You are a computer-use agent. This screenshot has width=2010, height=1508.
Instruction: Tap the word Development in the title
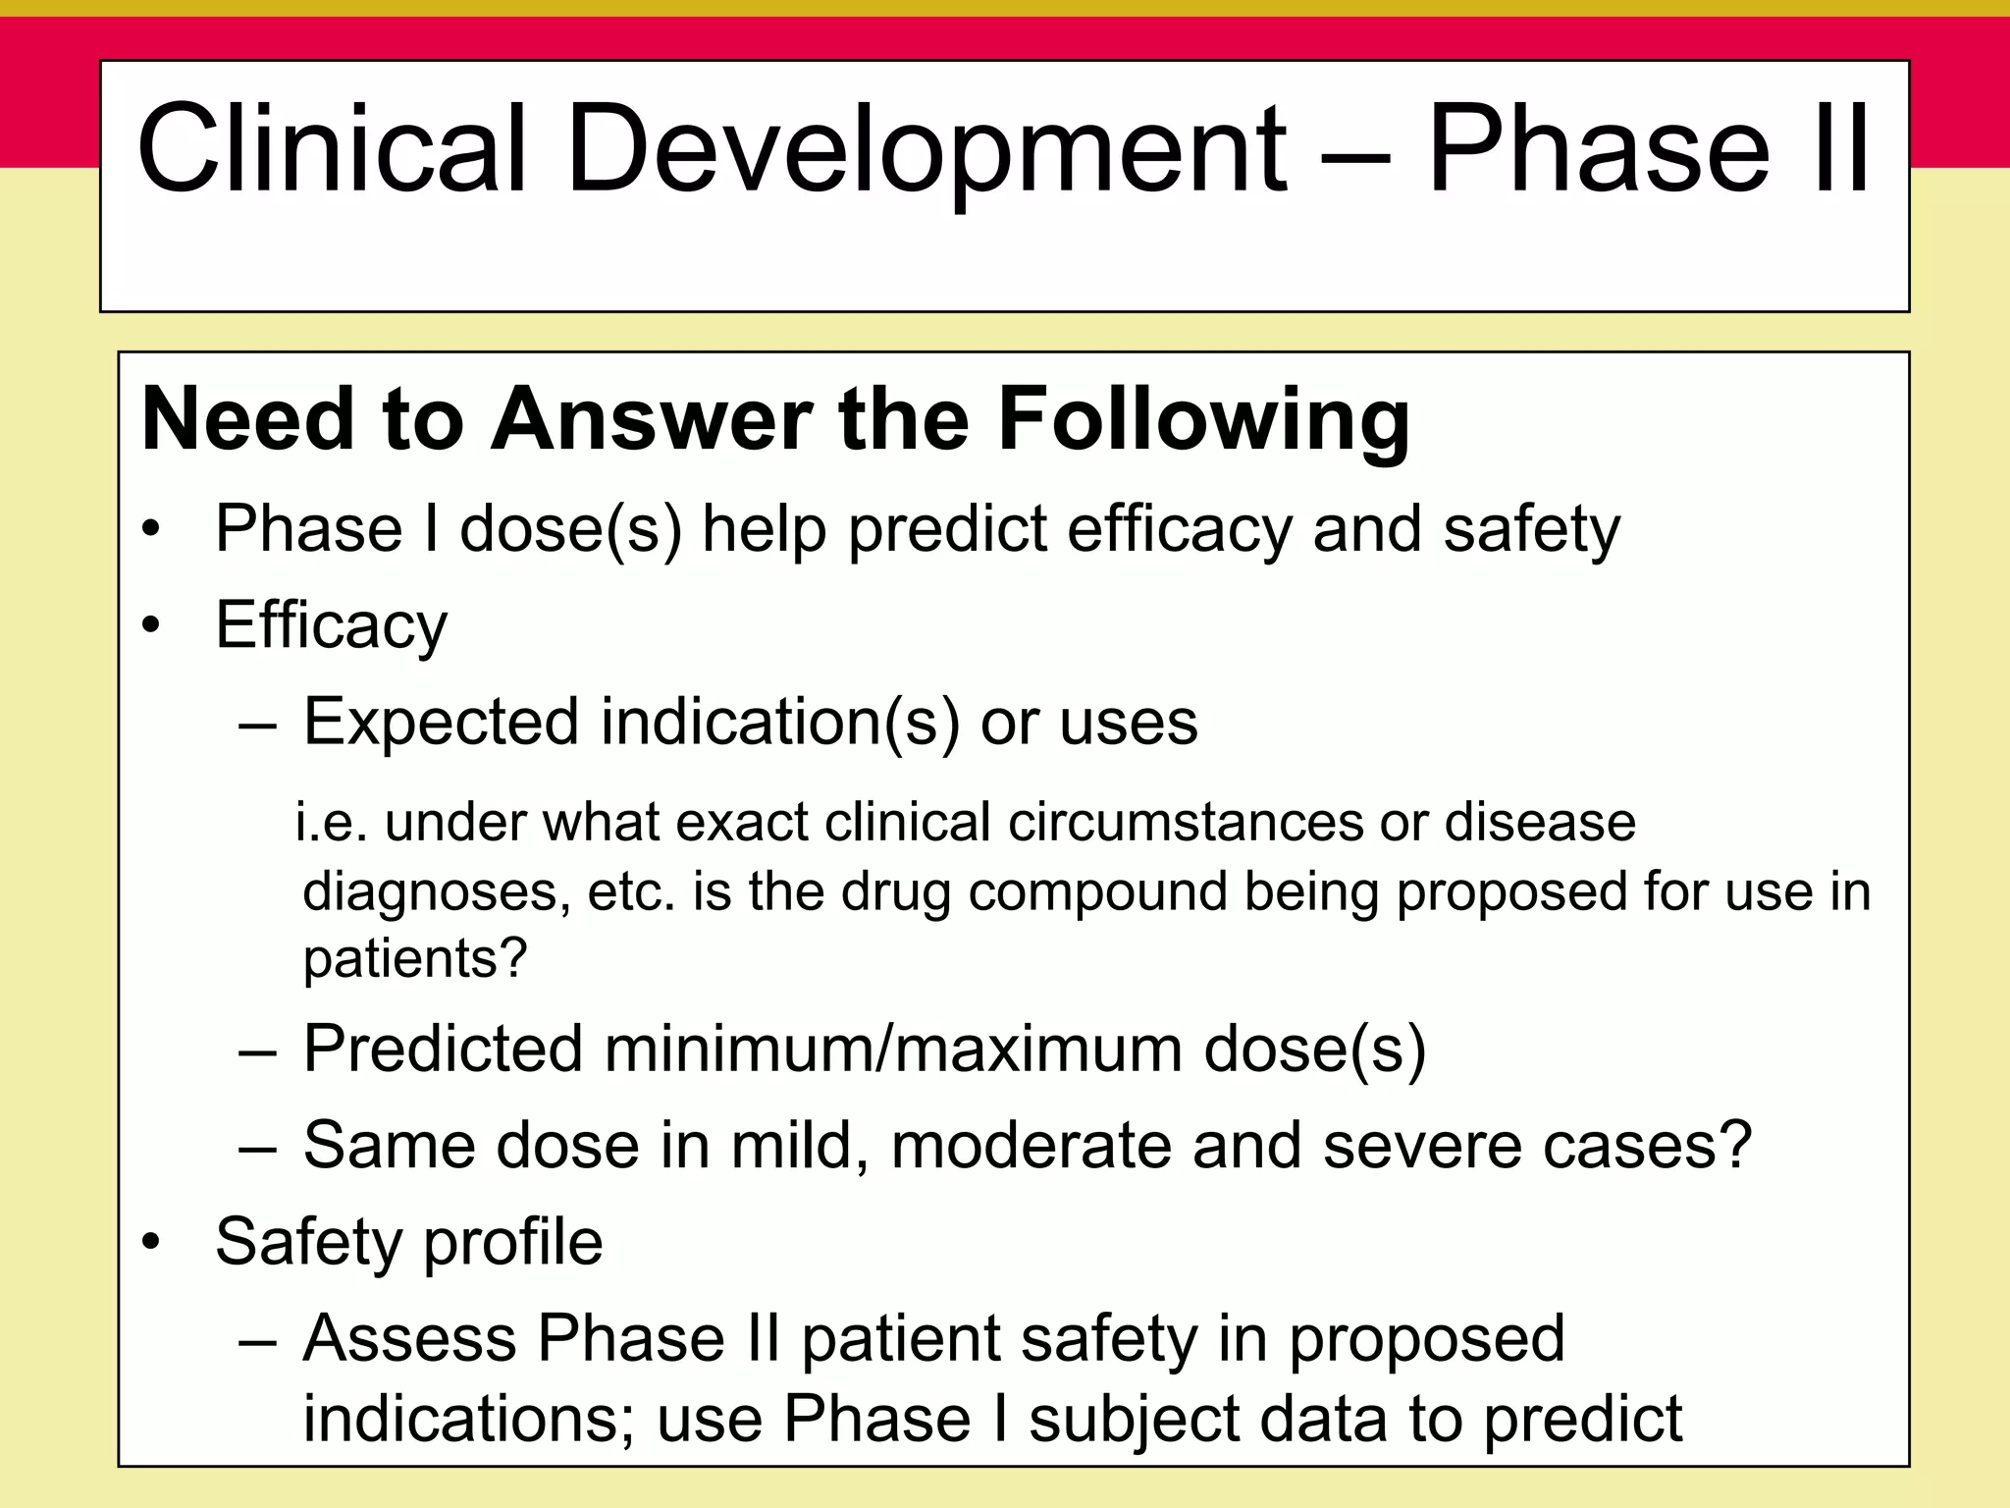tap(926, 148)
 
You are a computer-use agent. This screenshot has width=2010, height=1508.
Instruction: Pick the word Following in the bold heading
tap(1203, 420)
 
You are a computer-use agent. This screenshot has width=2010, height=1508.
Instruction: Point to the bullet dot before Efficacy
tap(150, 625)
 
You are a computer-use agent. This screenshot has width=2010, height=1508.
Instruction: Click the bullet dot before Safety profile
tap(150, 1243)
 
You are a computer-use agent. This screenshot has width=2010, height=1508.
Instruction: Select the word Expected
tap(442, 723)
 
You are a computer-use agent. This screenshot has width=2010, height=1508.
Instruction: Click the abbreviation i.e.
tap(331, 822)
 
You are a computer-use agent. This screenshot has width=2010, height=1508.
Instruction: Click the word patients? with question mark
tap(415, 958)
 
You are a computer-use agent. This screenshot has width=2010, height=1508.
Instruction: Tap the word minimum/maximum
tap(893, 1049)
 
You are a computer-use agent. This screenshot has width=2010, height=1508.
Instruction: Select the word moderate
tap(1031, 1146)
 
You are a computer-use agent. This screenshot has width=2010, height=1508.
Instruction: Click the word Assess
tap(409, 1338)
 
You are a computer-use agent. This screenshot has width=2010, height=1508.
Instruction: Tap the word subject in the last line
tap(1132, 1419)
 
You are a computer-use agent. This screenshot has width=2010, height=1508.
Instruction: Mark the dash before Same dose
tap(258, 1146)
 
